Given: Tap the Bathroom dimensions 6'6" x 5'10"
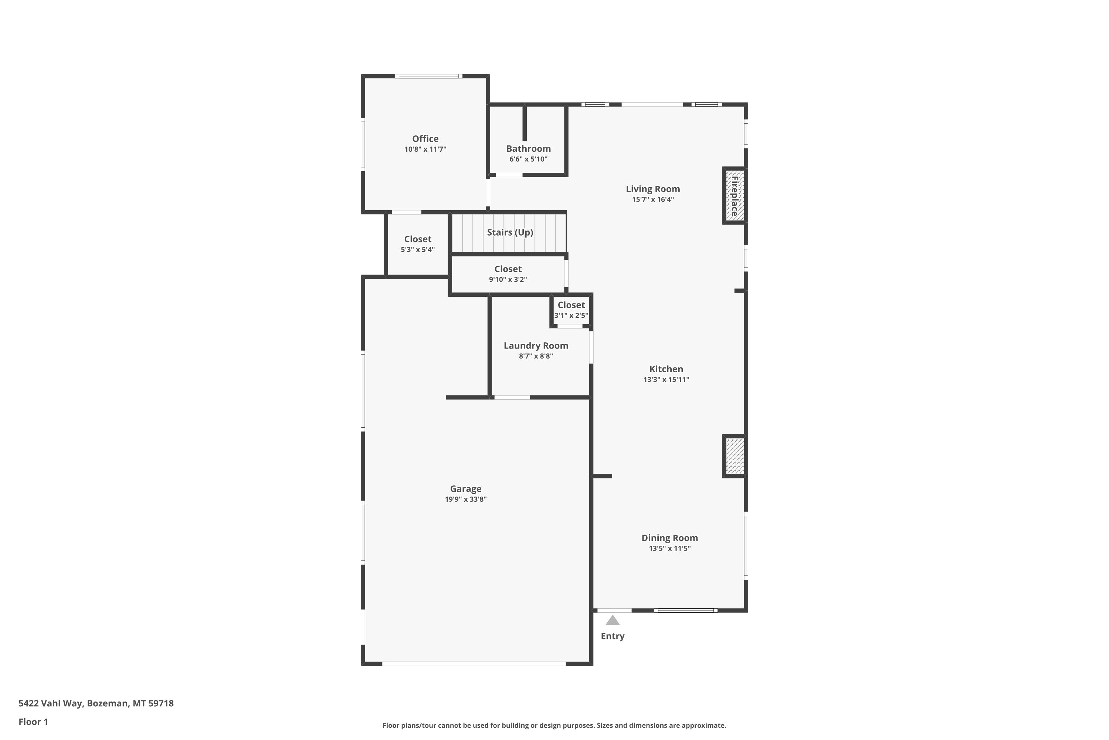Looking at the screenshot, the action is [x=528, y=159].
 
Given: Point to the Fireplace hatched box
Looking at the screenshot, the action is [x=734, y=195].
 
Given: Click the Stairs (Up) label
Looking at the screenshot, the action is [x=510, y=232].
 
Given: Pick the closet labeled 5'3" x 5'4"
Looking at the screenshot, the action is [x=417, y=244].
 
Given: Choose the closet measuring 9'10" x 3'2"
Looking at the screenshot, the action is [x=508, y=274].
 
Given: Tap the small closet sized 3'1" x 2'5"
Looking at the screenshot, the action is [x=571, y=310].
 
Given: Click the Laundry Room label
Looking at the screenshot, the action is [x=536, y=346].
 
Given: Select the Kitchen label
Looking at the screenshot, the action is [x=666, y=369].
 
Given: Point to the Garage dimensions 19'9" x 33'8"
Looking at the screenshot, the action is [x=465, y=499].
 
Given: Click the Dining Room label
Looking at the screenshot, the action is [x=669, y=538].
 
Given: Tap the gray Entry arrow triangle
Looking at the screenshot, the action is [x=613, y=620].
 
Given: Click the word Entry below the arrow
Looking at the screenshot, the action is [x=613, y=636].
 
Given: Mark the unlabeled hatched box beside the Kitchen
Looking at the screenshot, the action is [x=734, y=456].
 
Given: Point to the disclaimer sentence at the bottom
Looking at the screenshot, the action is [x=554, y=725].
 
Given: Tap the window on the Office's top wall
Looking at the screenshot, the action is [x=428, y=76].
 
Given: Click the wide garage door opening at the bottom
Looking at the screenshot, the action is [x=474, y=663].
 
